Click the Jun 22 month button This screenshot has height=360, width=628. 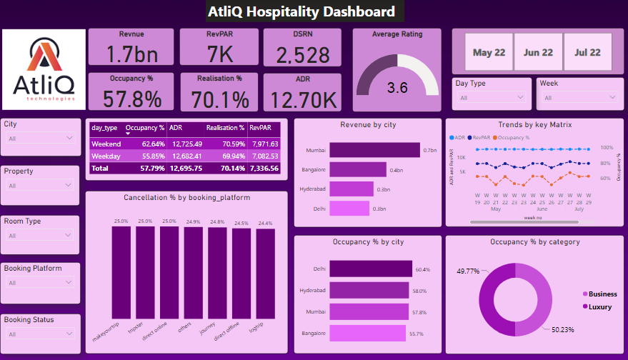[x=538, y=52]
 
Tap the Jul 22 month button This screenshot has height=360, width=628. [x=587, y=52]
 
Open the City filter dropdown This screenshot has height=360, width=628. [x=39, y=138]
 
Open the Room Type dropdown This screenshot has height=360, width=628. [x=39, y=235]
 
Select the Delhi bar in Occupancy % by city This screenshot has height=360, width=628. [x=371, y=269]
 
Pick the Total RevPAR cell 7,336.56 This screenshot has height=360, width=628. [x=266, y=168]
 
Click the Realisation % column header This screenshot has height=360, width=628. [x=225, y=128]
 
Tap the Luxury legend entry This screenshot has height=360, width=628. [x=598, y=306]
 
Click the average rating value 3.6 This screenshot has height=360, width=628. [x=397, y=88]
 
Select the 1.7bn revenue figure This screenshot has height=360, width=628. [x=130, y=54]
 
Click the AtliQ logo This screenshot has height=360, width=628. [x=43, y=70]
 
